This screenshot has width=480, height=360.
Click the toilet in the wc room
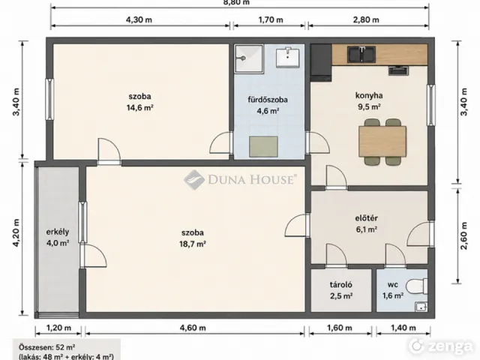[416, 286]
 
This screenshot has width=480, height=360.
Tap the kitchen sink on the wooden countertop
[361, 54]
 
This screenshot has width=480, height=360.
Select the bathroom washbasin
[288, 57]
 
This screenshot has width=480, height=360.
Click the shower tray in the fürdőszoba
[249, 58]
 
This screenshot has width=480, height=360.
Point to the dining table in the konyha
[382, 141]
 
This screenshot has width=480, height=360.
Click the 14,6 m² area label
[140, 108]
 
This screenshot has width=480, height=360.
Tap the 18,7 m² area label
[193, 244]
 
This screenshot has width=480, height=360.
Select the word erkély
[58, 232]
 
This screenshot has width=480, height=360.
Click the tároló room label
[341, 285]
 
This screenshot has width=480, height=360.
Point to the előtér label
[367, 218]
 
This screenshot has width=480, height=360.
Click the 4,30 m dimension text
[139, 20]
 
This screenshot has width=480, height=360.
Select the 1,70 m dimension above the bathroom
[271, 20]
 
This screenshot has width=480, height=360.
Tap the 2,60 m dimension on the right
[464, 236]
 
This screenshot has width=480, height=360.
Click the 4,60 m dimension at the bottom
[193, 328]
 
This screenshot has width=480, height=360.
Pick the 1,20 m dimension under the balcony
[58, 328]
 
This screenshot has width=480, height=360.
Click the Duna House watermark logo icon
[194, 180]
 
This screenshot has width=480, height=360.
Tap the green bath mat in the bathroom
[263, 147]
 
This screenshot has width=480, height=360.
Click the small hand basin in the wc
[421, 306]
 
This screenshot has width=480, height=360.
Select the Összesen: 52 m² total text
[47, 347]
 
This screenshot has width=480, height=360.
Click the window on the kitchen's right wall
[431, 105]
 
